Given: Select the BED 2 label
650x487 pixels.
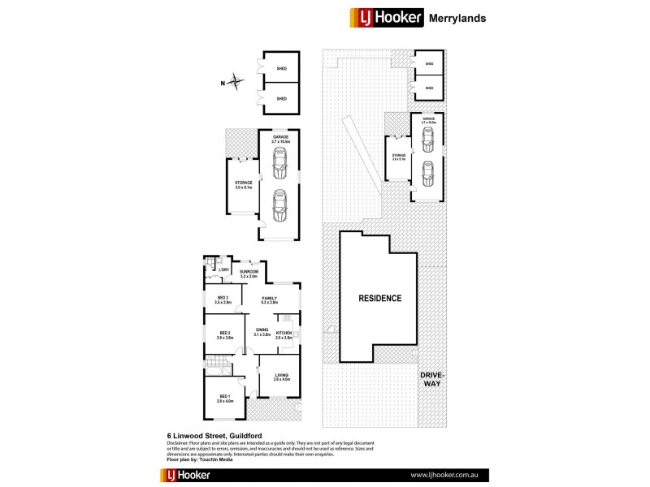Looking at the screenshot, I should tap(225, 333).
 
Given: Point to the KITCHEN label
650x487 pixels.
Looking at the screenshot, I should tap(284, 333).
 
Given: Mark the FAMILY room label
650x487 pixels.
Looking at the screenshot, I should tap(270, 300).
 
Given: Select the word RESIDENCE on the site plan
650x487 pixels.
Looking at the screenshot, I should tap(380, 298).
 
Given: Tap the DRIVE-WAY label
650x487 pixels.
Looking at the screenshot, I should tap(431, 378).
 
